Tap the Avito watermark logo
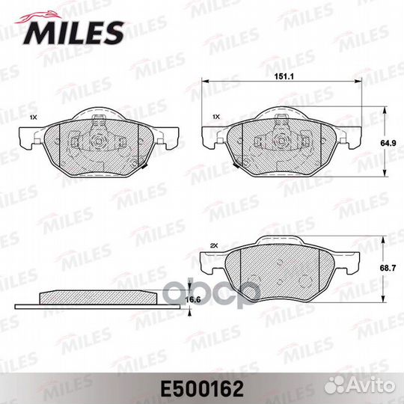[x=367, y=385]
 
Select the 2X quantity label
[x=214, y=245]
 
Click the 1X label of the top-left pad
[x=32, y=118]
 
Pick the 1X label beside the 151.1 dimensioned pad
[x=216, y=118]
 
